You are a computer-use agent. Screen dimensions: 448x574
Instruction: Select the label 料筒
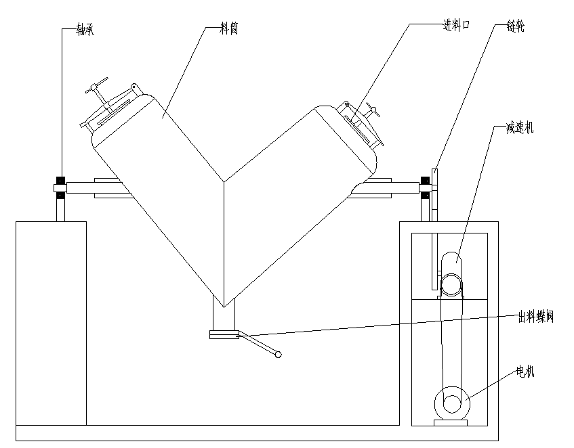point(229,30)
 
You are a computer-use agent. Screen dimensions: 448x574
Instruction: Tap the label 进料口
point(456,26)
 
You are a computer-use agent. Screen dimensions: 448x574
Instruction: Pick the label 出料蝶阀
point(536,317)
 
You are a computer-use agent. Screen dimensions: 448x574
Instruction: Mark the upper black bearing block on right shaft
point(425,181)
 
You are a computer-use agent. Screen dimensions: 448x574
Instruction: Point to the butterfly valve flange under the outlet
point(224,334)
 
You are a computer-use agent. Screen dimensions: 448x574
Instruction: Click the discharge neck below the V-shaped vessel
point(224,317)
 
